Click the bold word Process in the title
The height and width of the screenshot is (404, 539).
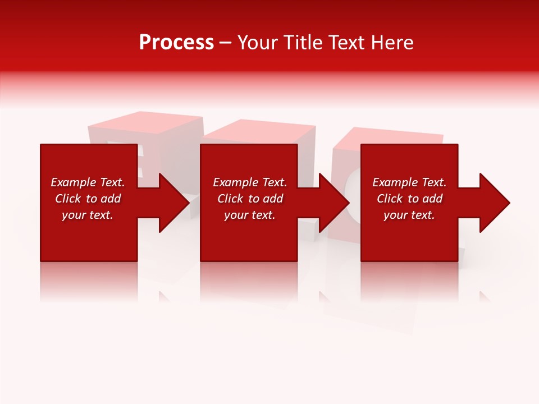(176, 43)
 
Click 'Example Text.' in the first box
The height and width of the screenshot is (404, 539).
(88, 182)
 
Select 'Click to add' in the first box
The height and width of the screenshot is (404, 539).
(88, 199)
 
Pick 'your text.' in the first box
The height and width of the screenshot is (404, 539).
(88, 215)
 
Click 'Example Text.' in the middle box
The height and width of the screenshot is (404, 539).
(250, 182)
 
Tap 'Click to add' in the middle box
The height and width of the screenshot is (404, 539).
(250, 199)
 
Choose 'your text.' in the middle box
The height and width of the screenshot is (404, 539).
(250, 215)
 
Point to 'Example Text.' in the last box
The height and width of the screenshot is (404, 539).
(409, 182)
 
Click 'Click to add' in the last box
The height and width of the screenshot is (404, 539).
(409, 199)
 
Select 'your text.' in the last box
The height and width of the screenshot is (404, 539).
(409, 215)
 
